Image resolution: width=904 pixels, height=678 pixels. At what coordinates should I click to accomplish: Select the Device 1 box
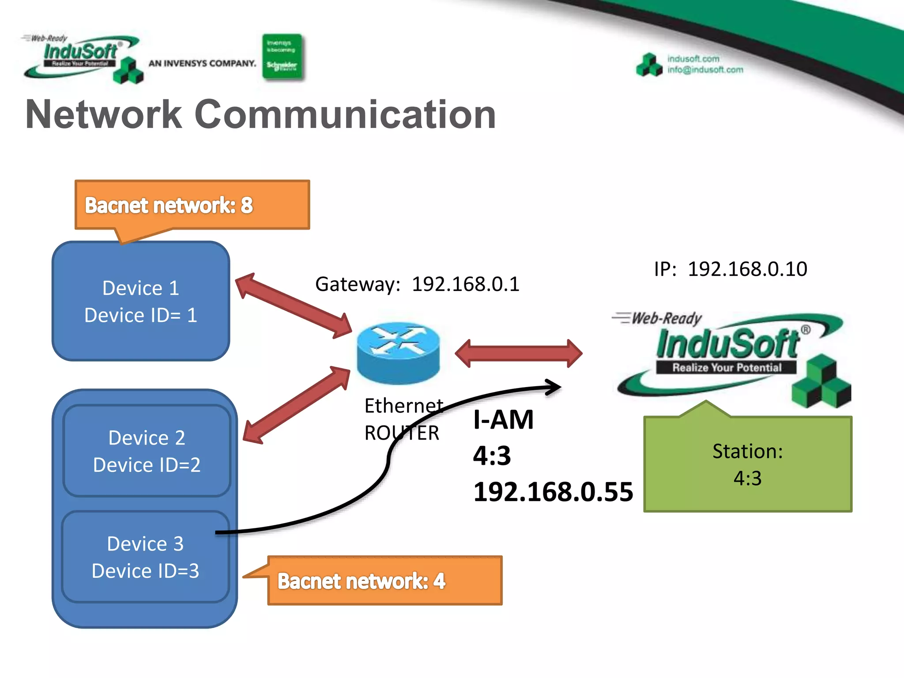(x=141, y=301)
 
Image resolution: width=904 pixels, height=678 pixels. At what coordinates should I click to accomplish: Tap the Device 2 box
(x=147, y=451)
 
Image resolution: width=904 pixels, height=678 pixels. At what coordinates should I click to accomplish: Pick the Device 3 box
(x=145, y=557)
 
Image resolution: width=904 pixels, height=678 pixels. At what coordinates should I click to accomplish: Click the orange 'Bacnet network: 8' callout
(x=192, y=205)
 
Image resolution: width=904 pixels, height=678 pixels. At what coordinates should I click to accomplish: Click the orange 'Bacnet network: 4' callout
(x=384, y=580)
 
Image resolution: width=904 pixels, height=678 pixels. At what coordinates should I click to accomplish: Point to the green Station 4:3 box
(x=748, y=464)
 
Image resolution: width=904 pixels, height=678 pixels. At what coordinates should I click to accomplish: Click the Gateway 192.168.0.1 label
(x=417, y=284)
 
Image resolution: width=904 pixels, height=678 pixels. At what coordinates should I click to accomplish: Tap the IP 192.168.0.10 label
(x=731, y=269)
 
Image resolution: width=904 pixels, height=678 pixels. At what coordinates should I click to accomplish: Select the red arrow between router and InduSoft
(x=519, y=353)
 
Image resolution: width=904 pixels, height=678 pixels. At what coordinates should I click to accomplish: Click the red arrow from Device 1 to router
(x=293, y=305)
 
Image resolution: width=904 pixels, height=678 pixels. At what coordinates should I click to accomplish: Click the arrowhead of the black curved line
(x=554, y=387)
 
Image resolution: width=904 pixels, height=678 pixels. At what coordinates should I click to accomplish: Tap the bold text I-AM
(x=503, y=419)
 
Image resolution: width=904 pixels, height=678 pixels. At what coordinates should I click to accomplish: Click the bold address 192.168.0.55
(x=553, y=492)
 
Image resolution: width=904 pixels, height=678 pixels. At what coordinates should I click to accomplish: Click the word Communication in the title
(x=345, y=114)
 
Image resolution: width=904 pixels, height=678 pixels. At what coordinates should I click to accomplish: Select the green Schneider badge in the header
(x=282, y=56)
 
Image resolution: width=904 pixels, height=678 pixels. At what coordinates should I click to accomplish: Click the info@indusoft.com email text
(x=705, y=70)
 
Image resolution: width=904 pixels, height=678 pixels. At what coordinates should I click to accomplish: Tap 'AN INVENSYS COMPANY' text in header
(x=202, y=64)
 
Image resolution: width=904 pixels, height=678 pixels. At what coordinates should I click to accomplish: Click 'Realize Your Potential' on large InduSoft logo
(x=727, y=367)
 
